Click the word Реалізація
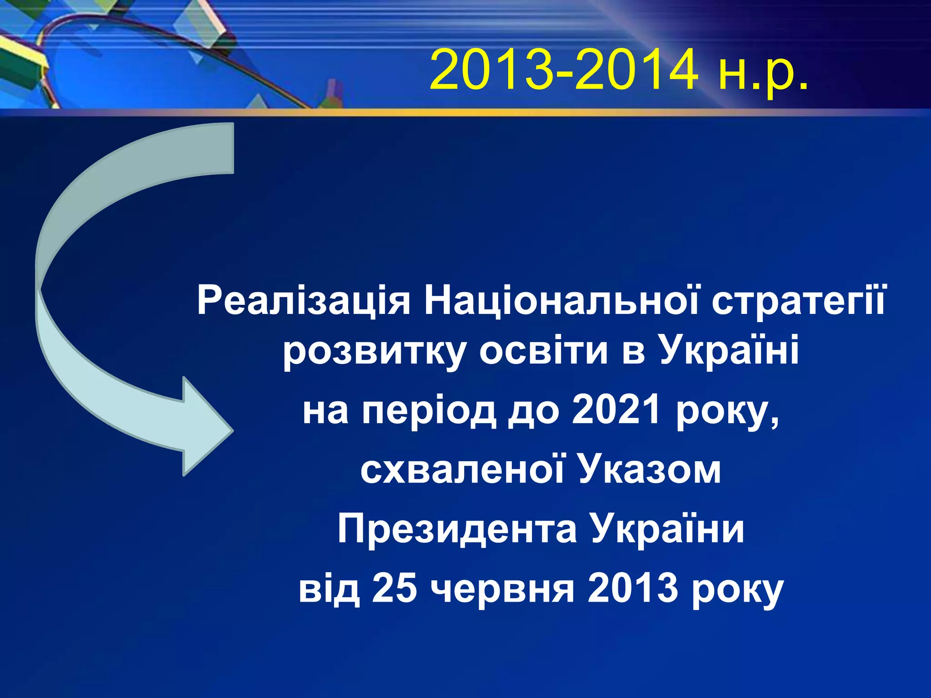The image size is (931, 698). [304, 301]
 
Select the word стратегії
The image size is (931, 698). [799, 301]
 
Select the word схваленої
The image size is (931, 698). [463, 470]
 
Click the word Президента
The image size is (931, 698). [457, 529]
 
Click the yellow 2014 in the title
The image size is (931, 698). [636, 70]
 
